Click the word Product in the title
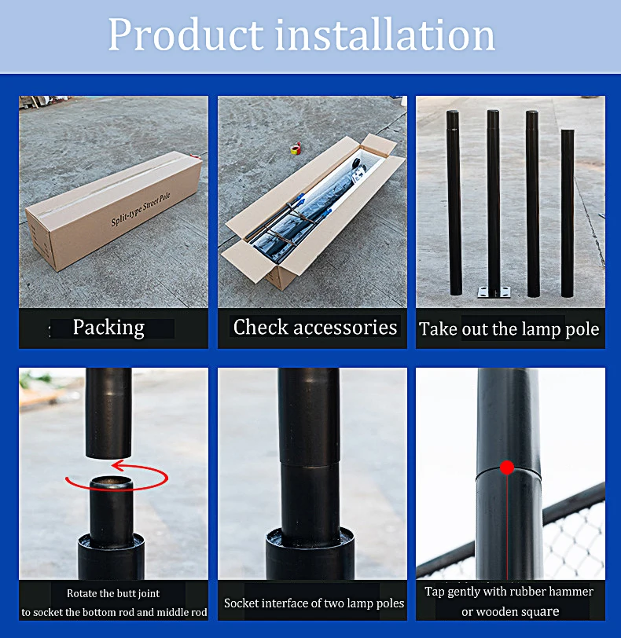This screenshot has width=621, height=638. point(186,35)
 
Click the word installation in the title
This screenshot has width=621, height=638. point(385,35)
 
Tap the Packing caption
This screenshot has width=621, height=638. point(108,328)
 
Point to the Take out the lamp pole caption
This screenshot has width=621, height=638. point(509,328)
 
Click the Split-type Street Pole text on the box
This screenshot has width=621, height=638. point(141,209)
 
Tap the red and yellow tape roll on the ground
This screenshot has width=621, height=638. point(296,148)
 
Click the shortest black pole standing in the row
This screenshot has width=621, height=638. point(568,213)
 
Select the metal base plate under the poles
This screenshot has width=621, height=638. point(494,291)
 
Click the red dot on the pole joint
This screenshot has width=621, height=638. point(507,467)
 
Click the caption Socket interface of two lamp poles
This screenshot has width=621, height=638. point(314,603)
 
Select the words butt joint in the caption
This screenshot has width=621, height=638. point(137,594)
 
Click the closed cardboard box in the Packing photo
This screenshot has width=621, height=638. point(114,211)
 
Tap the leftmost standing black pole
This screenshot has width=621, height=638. point(454,203)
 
